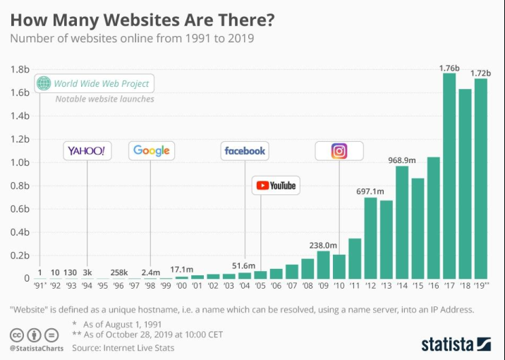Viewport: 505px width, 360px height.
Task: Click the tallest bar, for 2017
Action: click(x=449, y=176)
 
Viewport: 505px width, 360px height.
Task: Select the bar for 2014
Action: click(x=402, y=222)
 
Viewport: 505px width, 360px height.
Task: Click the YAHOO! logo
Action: click(x=87, y=150)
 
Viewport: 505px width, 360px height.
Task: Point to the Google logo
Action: click(x=152, y=150)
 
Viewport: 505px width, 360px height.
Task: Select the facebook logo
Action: click(x=245, y=150)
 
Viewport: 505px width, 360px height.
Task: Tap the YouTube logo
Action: click(x=276, y=186)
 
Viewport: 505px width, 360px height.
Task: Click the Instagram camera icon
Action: click(x=339, y=150)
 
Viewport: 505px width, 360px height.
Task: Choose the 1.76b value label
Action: click(x=449, y=68)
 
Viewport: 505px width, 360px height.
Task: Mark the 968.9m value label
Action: click(x=402, y=160)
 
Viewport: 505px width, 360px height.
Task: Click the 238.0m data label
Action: click(x=323, y=245)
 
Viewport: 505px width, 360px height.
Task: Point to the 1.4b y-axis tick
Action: click(x=20, y=116)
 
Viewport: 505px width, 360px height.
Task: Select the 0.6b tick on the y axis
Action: click(x=20, y=209)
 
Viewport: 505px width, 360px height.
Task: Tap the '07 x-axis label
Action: click(x=292, y=286)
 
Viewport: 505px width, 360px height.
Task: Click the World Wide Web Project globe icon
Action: click(x=44, y=83)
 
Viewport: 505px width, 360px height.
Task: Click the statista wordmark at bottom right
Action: click(x=448, y=344)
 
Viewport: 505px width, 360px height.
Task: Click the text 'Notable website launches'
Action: click(x=104, y=100)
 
